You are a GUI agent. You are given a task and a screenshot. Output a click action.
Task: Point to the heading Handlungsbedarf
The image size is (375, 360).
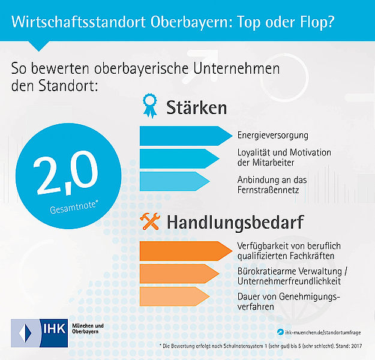pos(235,223)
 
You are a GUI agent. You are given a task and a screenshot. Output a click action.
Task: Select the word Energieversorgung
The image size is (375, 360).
pos(272,135)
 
